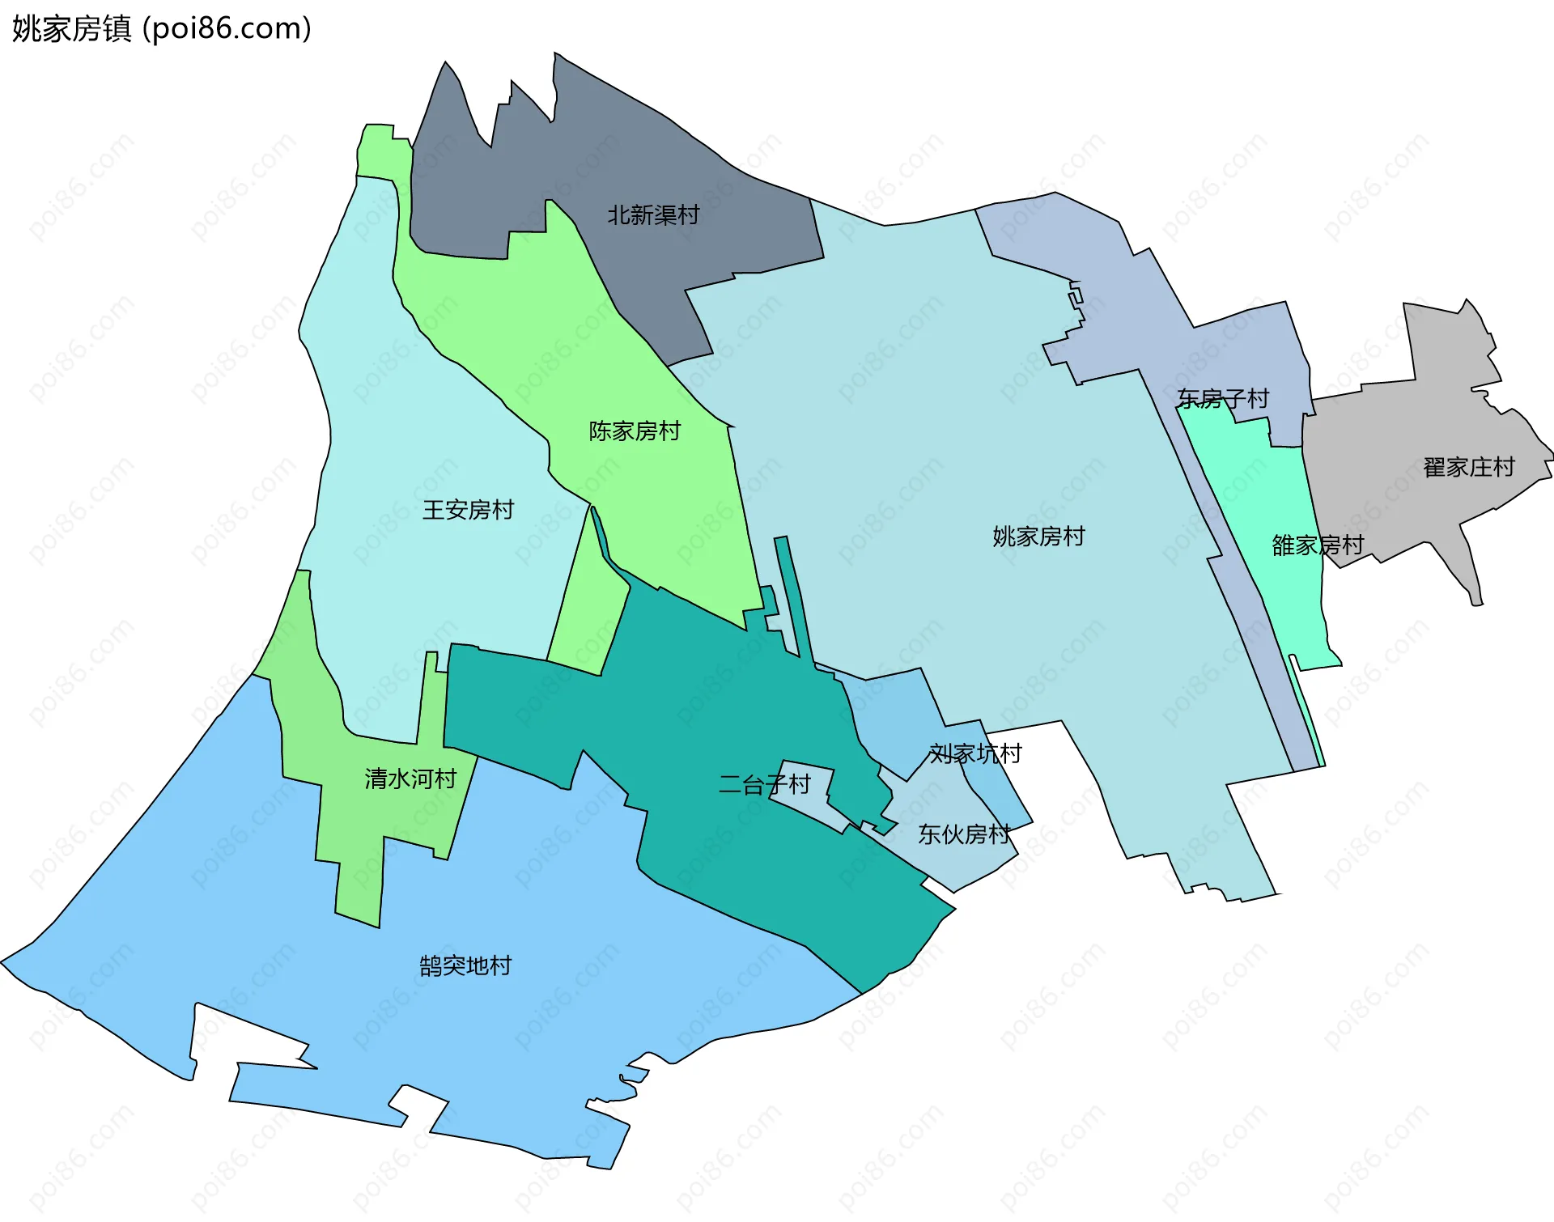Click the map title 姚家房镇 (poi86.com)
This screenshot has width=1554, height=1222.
coord(162,29)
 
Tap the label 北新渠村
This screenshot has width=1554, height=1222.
coord(653,215)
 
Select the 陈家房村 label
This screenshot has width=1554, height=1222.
coord(635,431)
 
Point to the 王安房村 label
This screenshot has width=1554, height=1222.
coord(468,510)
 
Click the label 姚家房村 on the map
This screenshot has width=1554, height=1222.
coord(1038,537)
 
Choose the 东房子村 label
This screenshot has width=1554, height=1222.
coord(1223,399)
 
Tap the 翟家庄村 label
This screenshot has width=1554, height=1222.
coord(1468,468)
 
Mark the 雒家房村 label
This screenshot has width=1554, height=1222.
coord(1318,545)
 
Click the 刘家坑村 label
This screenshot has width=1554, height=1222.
coord(975,754)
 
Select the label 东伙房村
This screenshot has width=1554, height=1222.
coord(963,834)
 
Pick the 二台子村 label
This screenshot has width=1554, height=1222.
coord(764,784)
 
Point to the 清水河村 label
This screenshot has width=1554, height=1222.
coord(410,779)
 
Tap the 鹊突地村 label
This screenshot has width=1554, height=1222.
coord(465,966)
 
